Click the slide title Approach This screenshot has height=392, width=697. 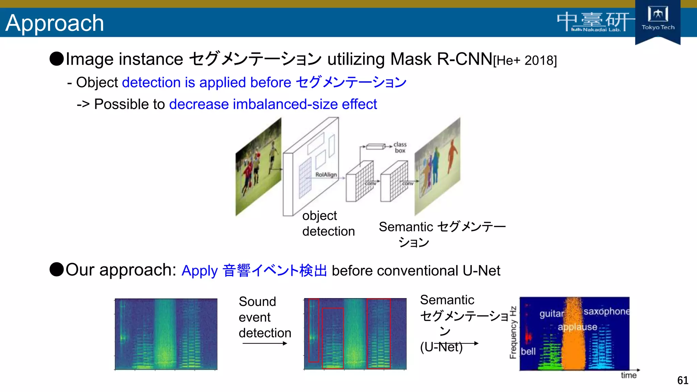[54, 23]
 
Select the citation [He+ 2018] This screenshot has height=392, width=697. [525, 61]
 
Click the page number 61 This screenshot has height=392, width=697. [682, 380]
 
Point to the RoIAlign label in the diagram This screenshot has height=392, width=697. [326, 175]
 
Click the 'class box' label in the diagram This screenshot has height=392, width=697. [400, 147]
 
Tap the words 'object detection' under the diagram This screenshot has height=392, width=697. [328, 224]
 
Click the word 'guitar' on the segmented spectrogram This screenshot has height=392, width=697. [551, 313]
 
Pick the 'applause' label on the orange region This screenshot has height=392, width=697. [577, 327]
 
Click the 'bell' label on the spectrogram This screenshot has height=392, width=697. [528, 352]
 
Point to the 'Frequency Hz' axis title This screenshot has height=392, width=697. [513, 332]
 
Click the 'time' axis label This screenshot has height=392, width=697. [628, 375]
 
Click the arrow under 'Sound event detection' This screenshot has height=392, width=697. [265, 343]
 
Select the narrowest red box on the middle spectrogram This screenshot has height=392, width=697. [313, 330]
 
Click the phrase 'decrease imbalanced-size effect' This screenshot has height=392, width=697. [273, 104]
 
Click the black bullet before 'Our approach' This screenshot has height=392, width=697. [56, 269]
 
